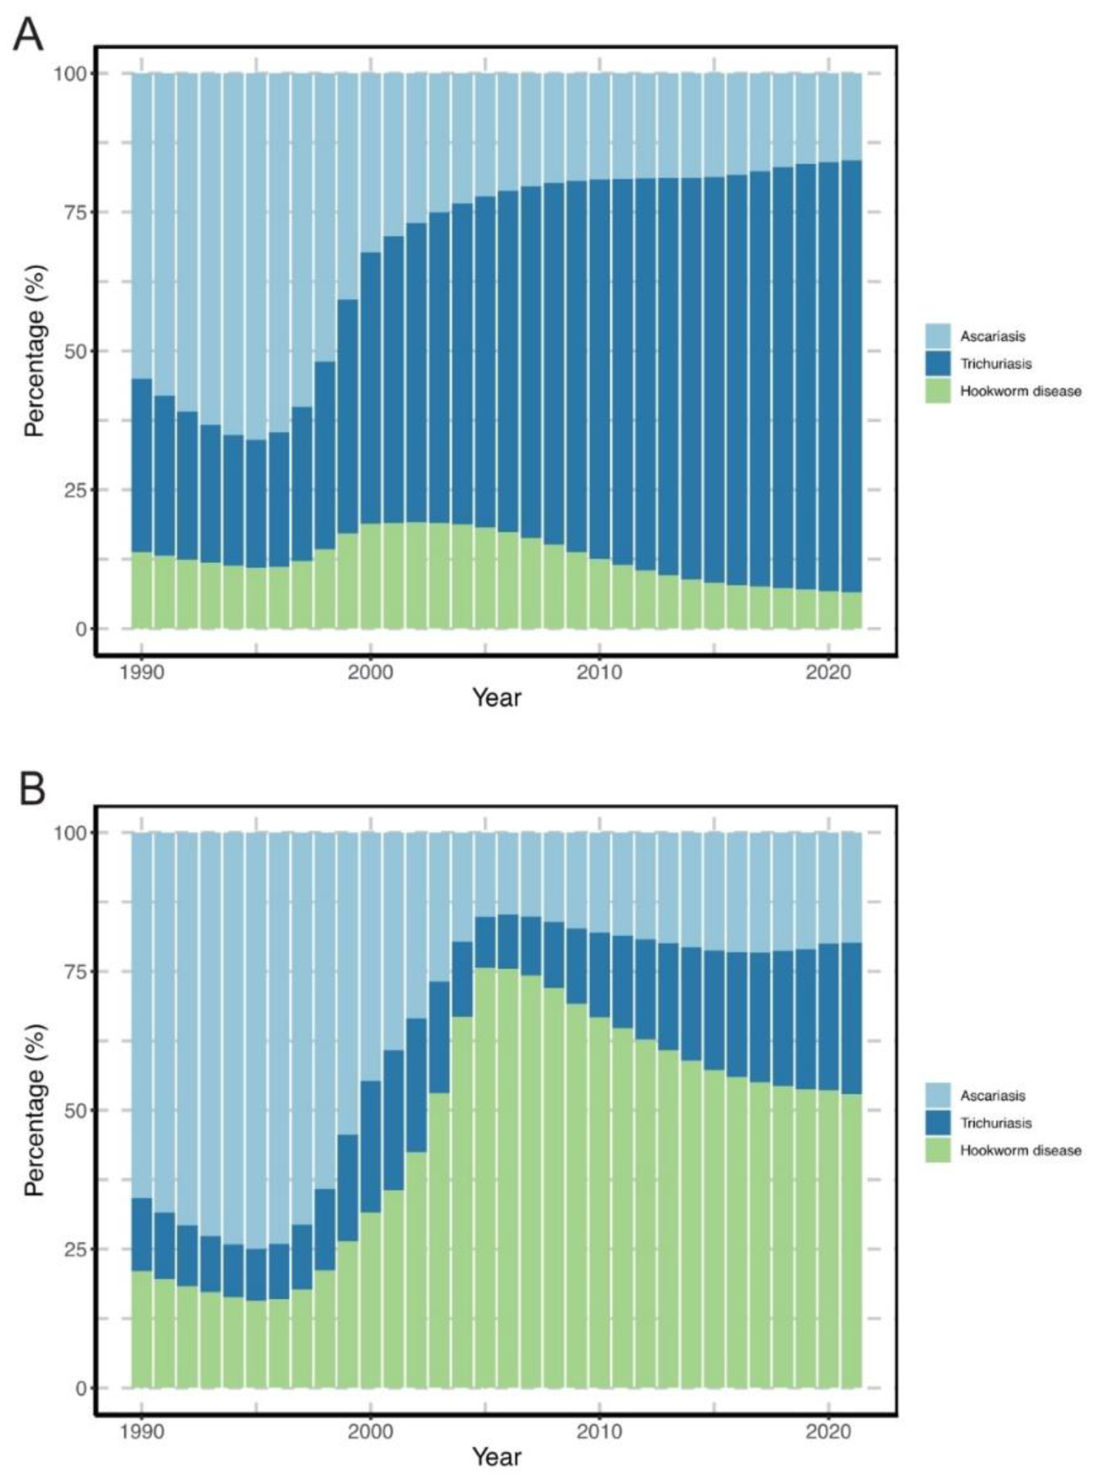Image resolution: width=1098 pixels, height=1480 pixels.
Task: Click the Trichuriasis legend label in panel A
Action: point(996,364)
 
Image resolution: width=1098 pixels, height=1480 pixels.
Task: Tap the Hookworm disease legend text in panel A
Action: point(1020,391)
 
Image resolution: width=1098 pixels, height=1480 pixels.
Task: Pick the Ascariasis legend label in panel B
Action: point(993,1095)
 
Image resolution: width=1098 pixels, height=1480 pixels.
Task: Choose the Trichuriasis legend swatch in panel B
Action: point(937,1123)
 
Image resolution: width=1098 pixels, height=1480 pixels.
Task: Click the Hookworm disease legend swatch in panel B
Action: point(937,1150)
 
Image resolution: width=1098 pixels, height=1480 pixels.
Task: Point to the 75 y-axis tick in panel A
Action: point(70,212)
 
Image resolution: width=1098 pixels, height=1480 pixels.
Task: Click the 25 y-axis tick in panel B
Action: point(70,1249)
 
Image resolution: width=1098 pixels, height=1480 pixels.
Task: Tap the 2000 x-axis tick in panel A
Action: point(370,672)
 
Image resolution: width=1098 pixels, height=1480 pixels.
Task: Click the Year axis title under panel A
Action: point(497,698)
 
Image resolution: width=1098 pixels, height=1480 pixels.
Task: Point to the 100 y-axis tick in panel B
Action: point(66,833)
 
